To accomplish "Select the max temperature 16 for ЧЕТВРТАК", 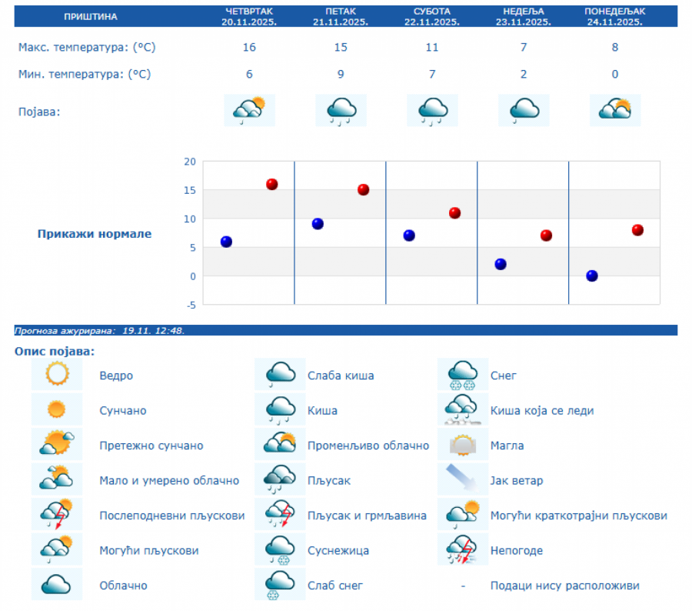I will [x=249, y=48].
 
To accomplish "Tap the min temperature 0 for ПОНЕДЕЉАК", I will [x=615, y=75].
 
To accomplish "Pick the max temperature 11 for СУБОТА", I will [x=432, y=48].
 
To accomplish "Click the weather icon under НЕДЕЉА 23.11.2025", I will [x=524, y=110].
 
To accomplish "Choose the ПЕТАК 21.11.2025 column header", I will [x=340, y=16].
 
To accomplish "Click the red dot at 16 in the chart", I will [x=271, y=184].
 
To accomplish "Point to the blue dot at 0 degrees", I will [x=592, y=275].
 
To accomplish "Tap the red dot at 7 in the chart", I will [x=546, y=235].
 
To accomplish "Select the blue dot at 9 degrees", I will [x=318, y=224].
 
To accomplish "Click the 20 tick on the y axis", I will [x=189, y=162].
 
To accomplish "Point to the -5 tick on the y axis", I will [x=189, y=305].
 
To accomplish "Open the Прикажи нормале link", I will [x=95, y=234].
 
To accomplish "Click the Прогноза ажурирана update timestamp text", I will [x=100, y=331].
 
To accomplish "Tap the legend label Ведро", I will [x=116, y=376].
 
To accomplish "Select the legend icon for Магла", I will [x=463, y=446].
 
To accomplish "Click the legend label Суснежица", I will [x=338, y=550].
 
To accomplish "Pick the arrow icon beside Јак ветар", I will [x=463, y=480].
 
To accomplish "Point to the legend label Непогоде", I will [x=516, y=550].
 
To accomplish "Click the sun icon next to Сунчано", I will [x=57, y=410].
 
